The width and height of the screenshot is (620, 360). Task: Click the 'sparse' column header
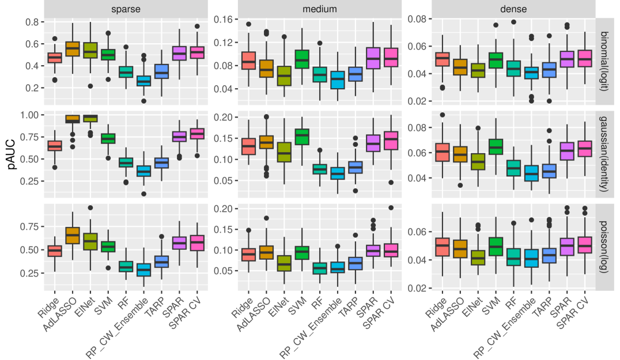125,9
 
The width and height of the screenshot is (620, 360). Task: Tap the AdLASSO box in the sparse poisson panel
72,235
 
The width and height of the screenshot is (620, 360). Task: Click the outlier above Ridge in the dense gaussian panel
443,115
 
